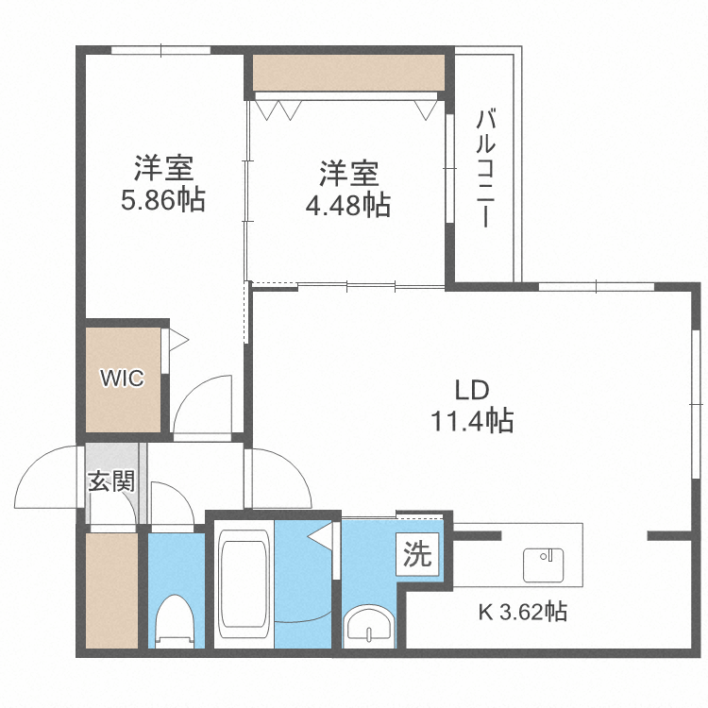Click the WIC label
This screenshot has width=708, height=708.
tap(123, 379)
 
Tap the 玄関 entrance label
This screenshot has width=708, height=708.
tap(110, 481)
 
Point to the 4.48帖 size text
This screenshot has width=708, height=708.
tap(347, 205)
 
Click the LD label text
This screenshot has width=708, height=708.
tap(472, 390)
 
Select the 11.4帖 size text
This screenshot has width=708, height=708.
tap(472, 421)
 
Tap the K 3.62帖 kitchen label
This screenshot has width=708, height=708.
tap(522, 612)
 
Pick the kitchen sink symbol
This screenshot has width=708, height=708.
tap(542, 565)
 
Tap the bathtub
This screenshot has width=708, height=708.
tap(244, 585)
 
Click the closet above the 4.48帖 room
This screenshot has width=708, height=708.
tap(347, 73)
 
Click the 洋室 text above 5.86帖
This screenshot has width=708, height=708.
tap(162, 170)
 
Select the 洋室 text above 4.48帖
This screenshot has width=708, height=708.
tap(347, 175)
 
